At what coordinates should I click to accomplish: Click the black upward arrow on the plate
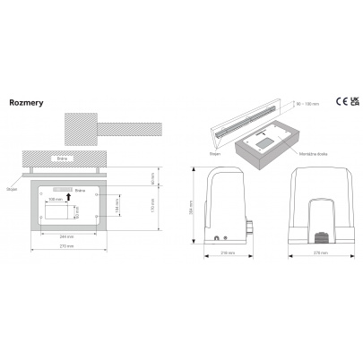point(69,190)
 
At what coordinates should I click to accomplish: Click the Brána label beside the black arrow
point(80,190)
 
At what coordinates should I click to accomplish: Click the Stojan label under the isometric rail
point(215,153)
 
